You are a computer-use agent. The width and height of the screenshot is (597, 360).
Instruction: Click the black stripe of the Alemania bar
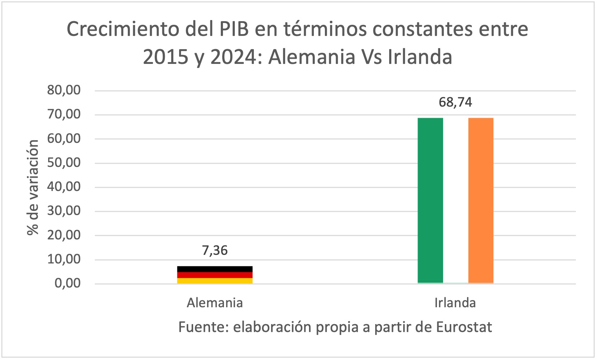coord(215,269)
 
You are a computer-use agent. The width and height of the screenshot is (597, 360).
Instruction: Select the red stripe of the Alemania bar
coord(215,275)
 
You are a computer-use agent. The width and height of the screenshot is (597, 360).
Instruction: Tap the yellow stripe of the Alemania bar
coord(215,281)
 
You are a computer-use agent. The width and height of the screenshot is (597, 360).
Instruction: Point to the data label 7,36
coord(215,250)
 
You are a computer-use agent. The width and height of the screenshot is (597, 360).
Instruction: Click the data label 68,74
coord(455,102)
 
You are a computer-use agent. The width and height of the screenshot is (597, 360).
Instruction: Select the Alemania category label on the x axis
coord(215,303)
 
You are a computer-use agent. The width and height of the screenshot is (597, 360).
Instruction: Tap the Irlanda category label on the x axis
coord(455,303)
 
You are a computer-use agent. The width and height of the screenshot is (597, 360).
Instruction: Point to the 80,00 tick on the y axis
coord(64,90)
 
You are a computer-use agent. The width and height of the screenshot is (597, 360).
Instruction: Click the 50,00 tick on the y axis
coord(64,163)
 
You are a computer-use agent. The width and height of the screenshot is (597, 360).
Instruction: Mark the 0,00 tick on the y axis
coord(67,283)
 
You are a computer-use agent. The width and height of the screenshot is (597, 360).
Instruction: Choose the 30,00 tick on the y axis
coord(64,211)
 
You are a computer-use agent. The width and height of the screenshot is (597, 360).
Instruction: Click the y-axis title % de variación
coord(33,187)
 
